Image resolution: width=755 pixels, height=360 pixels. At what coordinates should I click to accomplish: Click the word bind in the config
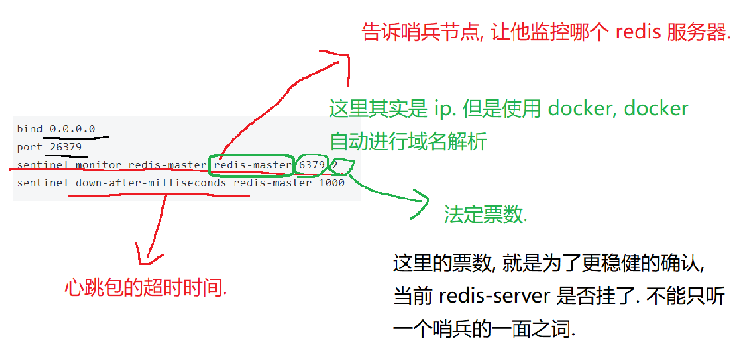[x=29, y=129]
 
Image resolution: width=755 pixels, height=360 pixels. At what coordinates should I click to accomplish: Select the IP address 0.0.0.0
[x=72, y=129]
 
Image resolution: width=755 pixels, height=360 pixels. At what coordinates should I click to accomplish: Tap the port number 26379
[x=66, y=147]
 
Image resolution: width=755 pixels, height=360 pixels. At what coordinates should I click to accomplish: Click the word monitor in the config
[x=98, y=165]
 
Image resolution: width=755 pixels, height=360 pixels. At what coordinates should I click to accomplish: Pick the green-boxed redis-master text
[x=252, y=165]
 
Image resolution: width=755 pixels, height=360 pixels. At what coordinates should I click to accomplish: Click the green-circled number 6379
[x=312, y=165]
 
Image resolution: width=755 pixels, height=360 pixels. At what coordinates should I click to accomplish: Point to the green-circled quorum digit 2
[x=335, y=165]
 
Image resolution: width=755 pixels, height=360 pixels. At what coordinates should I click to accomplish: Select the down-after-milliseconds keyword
[x=151, y=183]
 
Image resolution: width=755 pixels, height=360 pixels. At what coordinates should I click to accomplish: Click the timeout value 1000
[x=331, y=183]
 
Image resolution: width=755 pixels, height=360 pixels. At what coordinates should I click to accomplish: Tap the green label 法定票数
[x=485, y=215]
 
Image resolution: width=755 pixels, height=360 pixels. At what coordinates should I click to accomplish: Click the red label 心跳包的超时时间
[x=146, y=288]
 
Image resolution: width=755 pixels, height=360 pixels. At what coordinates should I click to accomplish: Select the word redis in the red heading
[x=638, y=32]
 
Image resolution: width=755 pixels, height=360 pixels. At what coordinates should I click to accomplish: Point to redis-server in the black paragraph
[x=495, y=296]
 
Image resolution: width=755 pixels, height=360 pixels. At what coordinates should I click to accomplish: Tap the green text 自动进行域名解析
[x=408, y=142]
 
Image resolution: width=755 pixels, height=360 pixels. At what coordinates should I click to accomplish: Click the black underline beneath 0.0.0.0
[x=77, y=137]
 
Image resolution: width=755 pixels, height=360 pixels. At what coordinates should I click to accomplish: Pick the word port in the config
[x=29, y=147]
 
